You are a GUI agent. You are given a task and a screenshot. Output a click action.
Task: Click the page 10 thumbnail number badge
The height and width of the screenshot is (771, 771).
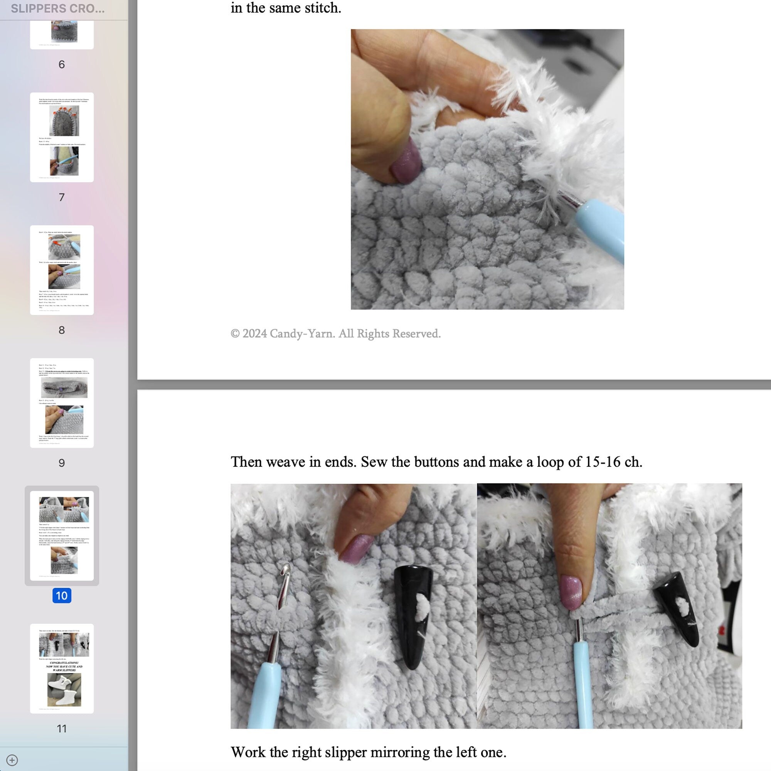(61, 596)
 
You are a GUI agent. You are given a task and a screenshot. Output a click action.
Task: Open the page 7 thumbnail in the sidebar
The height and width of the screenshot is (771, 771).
(62, 137)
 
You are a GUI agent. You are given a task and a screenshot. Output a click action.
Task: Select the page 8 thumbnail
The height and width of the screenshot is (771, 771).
(62, 270)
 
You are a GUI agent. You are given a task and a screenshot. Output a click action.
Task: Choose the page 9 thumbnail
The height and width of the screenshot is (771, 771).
(62, 403)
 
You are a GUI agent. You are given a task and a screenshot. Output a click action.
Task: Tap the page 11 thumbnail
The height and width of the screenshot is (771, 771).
(62, 668)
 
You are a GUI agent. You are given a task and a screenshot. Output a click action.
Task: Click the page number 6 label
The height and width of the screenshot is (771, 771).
(61, 64)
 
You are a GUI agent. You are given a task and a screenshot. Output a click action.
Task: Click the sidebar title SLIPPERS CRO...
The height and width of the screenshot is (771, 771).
(57, 8)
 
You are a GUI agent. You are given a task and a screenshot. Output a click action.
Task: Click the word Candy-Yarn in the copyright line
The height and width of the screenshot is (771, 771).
(302, 333)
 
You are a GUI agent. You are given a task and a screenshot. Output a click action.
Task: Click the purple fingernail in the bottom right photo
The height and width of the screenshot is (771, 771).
(571, 592)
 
